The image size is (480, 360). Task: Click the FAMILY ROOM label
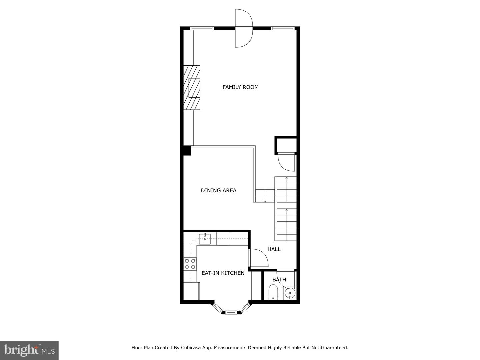tap(240, 87)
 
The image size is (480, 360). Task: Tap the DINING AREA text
tap(218, 190)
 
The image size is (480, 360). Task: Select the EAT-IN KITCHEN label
tap(223, 273)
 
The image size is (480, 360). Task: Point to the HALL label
tap(274, 249)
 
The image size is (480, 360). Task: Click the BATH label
tap(279, 280)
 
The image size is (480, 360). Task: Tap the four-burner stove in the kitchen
tap(190, 264)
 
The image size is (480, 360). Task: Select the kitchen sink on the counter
tap(205, 237)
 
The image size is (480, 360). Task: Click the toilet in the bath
tap(273, 292)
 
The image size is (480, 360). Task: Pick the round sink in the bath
tap(290, 294)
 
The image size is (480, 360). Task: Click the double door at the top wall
tap(244, 28)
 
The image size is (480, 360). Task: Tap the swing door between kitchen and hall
tap(258, 258)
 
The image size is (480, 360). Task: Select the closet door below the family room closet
tap(286, 162)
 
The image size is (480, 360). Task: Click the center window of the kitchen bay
tap(231, 312)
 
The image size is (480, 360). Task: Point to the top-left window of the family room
tap(202, 28)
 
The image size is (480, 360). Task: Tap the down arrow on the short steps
tap(265, 200)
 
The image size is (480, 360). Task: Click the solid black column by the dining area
tap(187, 151)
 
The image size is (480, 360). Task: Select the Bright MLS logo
tap(29, 350)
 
